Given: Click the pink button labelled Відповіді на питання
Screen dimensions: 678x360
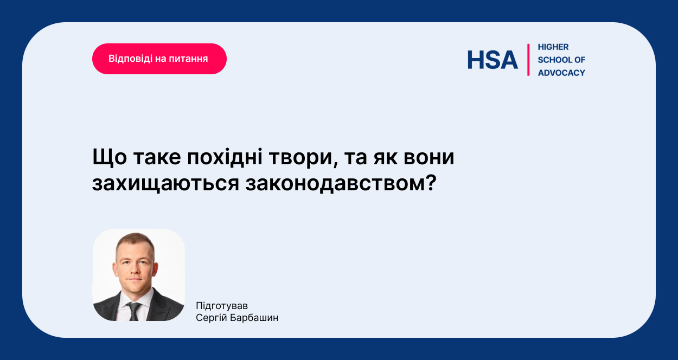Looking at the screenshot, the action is coord(159,59).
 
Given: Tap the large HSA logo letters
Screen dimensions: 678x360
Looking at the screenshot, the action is coord(492,60).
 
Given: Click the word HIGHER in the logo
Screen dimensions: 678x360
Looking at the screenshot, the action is coord(553,47).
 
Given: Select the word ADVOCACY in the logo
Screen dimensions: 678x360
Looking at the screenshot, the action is coord(561,73).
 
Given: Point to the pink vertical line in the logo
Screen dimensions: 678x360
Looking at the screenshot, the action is coord(528,60).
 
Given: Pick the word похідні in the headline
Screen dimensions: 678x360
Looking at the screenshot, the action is coord(225,157).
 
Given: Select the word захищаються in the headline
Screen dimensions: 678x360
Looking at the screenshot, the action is coord(165,184).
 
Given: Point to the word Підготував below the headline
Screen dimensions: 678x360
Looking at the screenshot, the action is coord(222,306).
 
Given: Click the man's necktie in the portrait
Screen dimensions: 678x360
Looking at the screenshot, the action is coord(133,311).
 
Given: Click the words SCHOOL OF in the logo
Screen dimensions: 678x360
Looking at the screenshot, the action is coord(561,60).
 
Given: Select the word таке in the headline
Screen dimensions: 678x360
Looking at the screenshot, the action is coord(157,158).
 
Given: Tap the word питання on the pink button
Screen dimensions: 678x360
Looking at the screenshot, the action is coord(188,59).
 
